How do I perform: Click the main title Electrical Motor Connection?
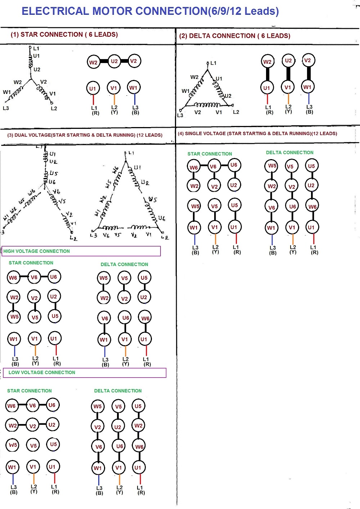[x=150, y=11]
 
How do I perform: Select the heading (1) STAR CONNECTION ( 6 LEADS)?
[x=64, y=35]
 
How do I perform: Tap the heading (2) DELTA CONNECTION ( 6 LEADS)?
[x=234, y=36]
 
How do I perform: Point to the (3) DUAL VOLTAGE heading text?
[x=85, y=135]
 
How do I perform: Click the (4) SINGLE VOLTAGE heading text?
[x=257, y=134]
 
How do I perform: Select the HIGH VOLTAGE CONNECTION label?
[x=36, y=251]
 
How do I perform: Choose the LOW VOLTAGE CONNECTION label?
[x=42, y=373]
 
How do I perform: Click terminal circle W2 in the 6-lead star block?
[x=93, y=62]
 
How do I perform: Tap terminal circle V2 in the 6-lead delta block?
[x=307, y=60]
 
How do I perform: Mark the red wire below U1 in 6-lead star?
[x=93, y=99]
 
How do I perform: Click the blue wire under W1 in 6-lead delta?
[x=309, y=98]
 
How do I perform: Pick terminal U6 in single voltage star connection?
[x=234, y=165]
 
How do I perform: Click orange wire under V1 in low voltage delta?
[x=119, y=479]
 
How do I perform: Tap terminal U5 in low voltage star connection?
[x=53, y=444]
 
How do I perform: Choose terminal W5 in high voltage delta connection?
[x=104, y=278]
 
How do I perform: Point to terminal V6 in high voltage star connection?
[x=34, y=277]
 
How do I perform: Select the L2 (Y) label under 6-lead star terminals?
[x=114, y=110]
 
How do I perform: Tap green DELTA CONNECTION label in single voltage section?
[x=289, y=153]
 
